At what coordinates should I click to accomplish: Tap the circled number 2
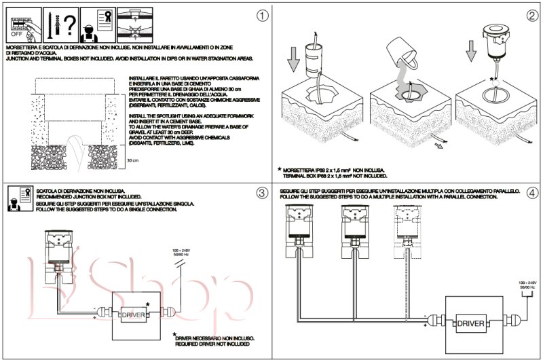click(x=531, y=14)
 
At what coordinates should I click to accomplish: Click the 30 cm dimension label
click(x=134, y=161)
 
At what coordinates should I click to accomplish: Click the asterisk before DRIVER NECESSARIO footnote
click(x=175, y=334)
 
